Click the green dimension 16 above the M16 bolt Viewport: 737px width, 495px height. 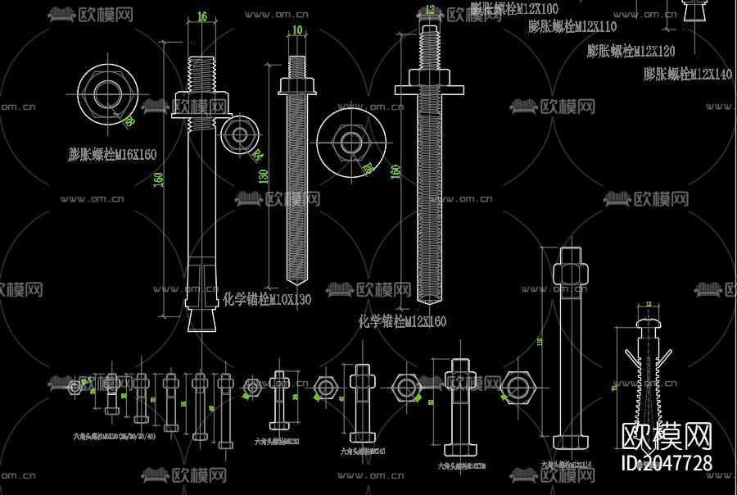pos(202,16)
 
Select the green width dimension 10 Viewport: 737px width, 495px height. pos(296,30)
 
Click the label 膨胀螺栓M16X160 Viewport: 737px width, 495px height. pos(111,154)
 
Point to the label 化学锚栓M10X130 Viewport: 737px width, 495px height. pos(267,300)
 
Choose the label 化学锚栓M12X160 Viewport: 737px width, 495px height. pos(402,322)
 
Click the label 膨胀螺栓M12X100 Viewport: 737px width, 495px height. pos(513,8)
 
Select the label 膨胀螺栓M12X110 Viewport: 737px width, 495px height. pos(572,27)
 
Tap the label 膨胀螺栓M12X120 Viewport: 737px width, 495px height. pos(631,51)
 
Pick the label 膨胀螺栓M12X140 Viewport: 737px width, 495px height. pos(687,75)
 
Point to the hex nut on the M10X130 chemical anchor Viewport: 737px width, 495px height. pos(297,85)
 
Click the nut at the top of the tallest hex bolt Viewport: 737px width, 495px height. pos(570,271)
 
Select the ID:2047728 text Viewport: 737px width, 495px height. pos(667,464)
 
